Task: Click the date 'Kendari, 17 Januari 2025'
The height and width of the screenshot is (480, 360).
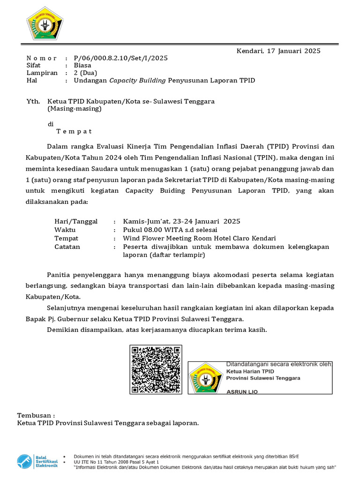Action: coord(278,51)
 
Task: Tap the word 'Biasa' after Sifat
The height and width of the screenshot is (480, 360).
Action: coord(82,66)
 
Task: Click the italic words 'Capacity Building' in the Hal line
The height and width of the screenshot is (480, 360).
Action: coord(138,80)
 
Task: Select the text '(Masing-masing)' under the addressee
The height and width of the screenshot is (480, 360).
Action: coord(74,108)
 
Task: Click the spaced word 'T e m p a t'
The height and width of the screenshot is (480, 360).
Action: coord(74,131)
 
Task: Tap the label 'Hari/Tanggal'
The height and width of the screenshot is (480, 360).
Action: coord(76,221)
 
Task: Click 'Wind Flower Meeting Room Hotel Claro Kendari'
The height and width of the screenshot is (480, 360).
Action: coord(199,238)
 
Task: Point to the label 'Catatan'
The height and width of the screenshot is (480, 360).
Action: coord(67,247)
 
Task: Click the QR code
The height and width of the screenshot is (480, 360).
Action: coord(156,369)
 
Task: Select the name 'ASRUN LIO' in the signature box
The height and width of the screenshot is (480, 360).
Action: coord(242,391)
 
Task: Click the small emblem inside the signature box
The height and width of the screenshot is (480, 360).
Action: coord(206,378)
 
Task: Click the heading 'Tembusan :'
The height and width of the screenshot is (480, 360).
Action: coord(36,415)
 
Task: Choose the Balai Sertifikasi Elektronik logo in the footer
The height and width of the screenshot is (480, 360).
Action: coord(37,461)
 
